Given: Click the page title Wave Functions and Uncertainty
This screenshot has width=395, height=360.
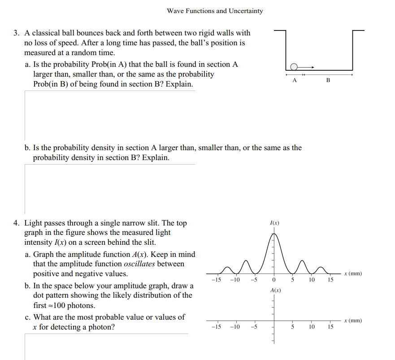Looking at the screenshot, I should click(x=215, y=11).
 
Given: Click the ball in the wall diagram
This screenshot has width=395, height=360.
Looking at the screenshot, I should click(x=293, y=67).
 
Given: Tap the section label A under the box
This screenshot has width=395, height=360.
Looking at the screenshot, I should click(x=294, y=80).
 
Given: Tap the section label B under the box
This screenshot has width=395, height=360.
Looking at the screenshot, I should click(x=328, y=80).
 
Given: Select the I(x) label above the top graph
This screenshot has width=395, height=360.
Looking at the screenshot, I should click(x=274, y=222).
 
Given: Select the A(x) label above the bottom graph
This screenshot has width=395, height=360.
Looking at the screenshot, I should click(x=275, y=291).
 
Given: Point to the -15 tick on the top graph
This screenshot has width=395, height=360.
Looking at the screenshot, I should click(x=216, y=280).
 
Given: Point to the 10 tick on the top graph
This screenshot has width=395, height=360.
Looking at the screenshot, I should click(x=311, y=280).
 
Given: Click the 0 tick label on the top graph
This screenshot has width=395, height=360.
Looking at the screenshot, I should click(x=273, y=280).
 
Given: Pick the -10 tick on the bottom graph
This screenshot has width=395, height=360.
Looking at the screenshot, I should click(x=234, y=327).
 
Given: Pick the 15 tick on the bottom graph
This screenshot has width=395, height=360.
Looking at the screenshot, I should click(x=330, y=327).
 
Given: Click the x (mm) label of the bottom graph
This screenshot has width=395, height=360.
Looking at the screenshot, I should click(x=352, y=321).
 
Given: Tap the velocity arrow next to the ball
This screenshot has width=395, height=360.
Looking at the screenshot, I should click(x=306, y=67).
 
